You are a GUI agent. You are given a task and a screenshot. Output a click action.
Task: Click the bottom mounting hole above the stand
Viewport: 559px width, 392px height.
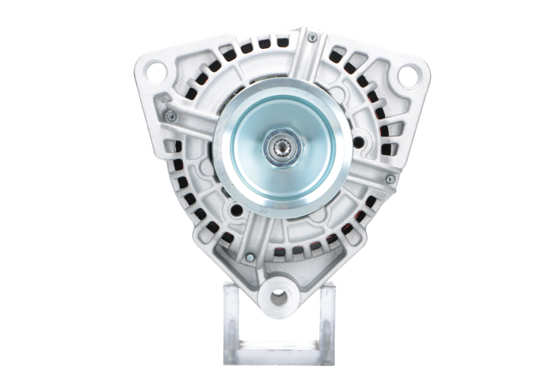point(280,295)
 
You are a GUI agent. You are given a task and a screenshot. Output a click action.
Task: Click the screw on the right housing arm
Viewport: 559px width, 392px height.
point(390,181)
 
